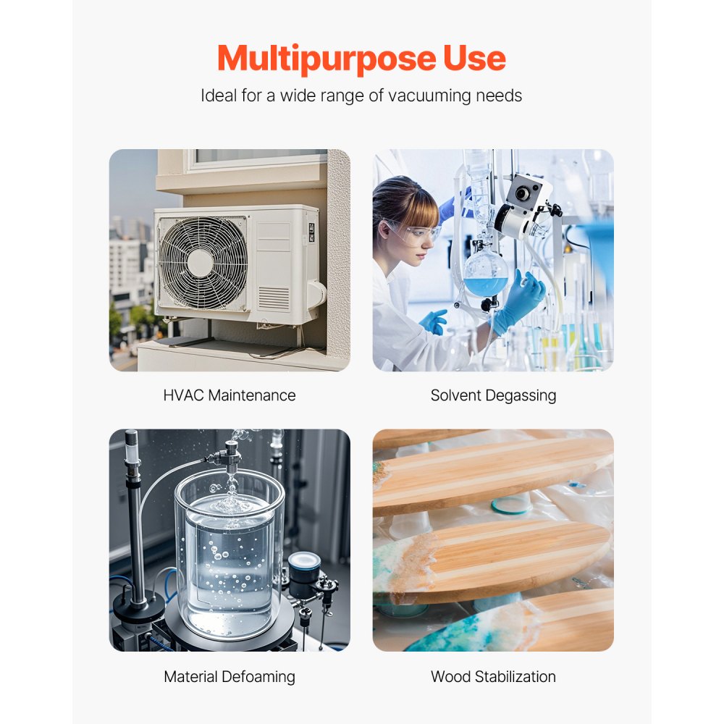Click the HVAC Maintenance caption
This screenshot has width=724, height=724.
coord(230,395)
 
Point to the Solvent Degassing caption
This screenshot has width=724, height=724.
coord(493,395)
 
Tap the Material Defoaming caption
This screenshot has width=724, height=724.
coord(230,677)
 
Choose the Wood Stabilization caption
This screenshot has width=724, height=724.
coord(493,677)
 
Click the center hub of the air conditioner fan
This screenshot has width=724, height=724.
coord(201,263)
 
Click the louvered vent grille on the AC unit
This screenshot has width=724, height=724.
coord(273,298)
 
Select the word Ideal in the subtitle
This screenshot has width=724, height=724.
coord(217,96)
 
